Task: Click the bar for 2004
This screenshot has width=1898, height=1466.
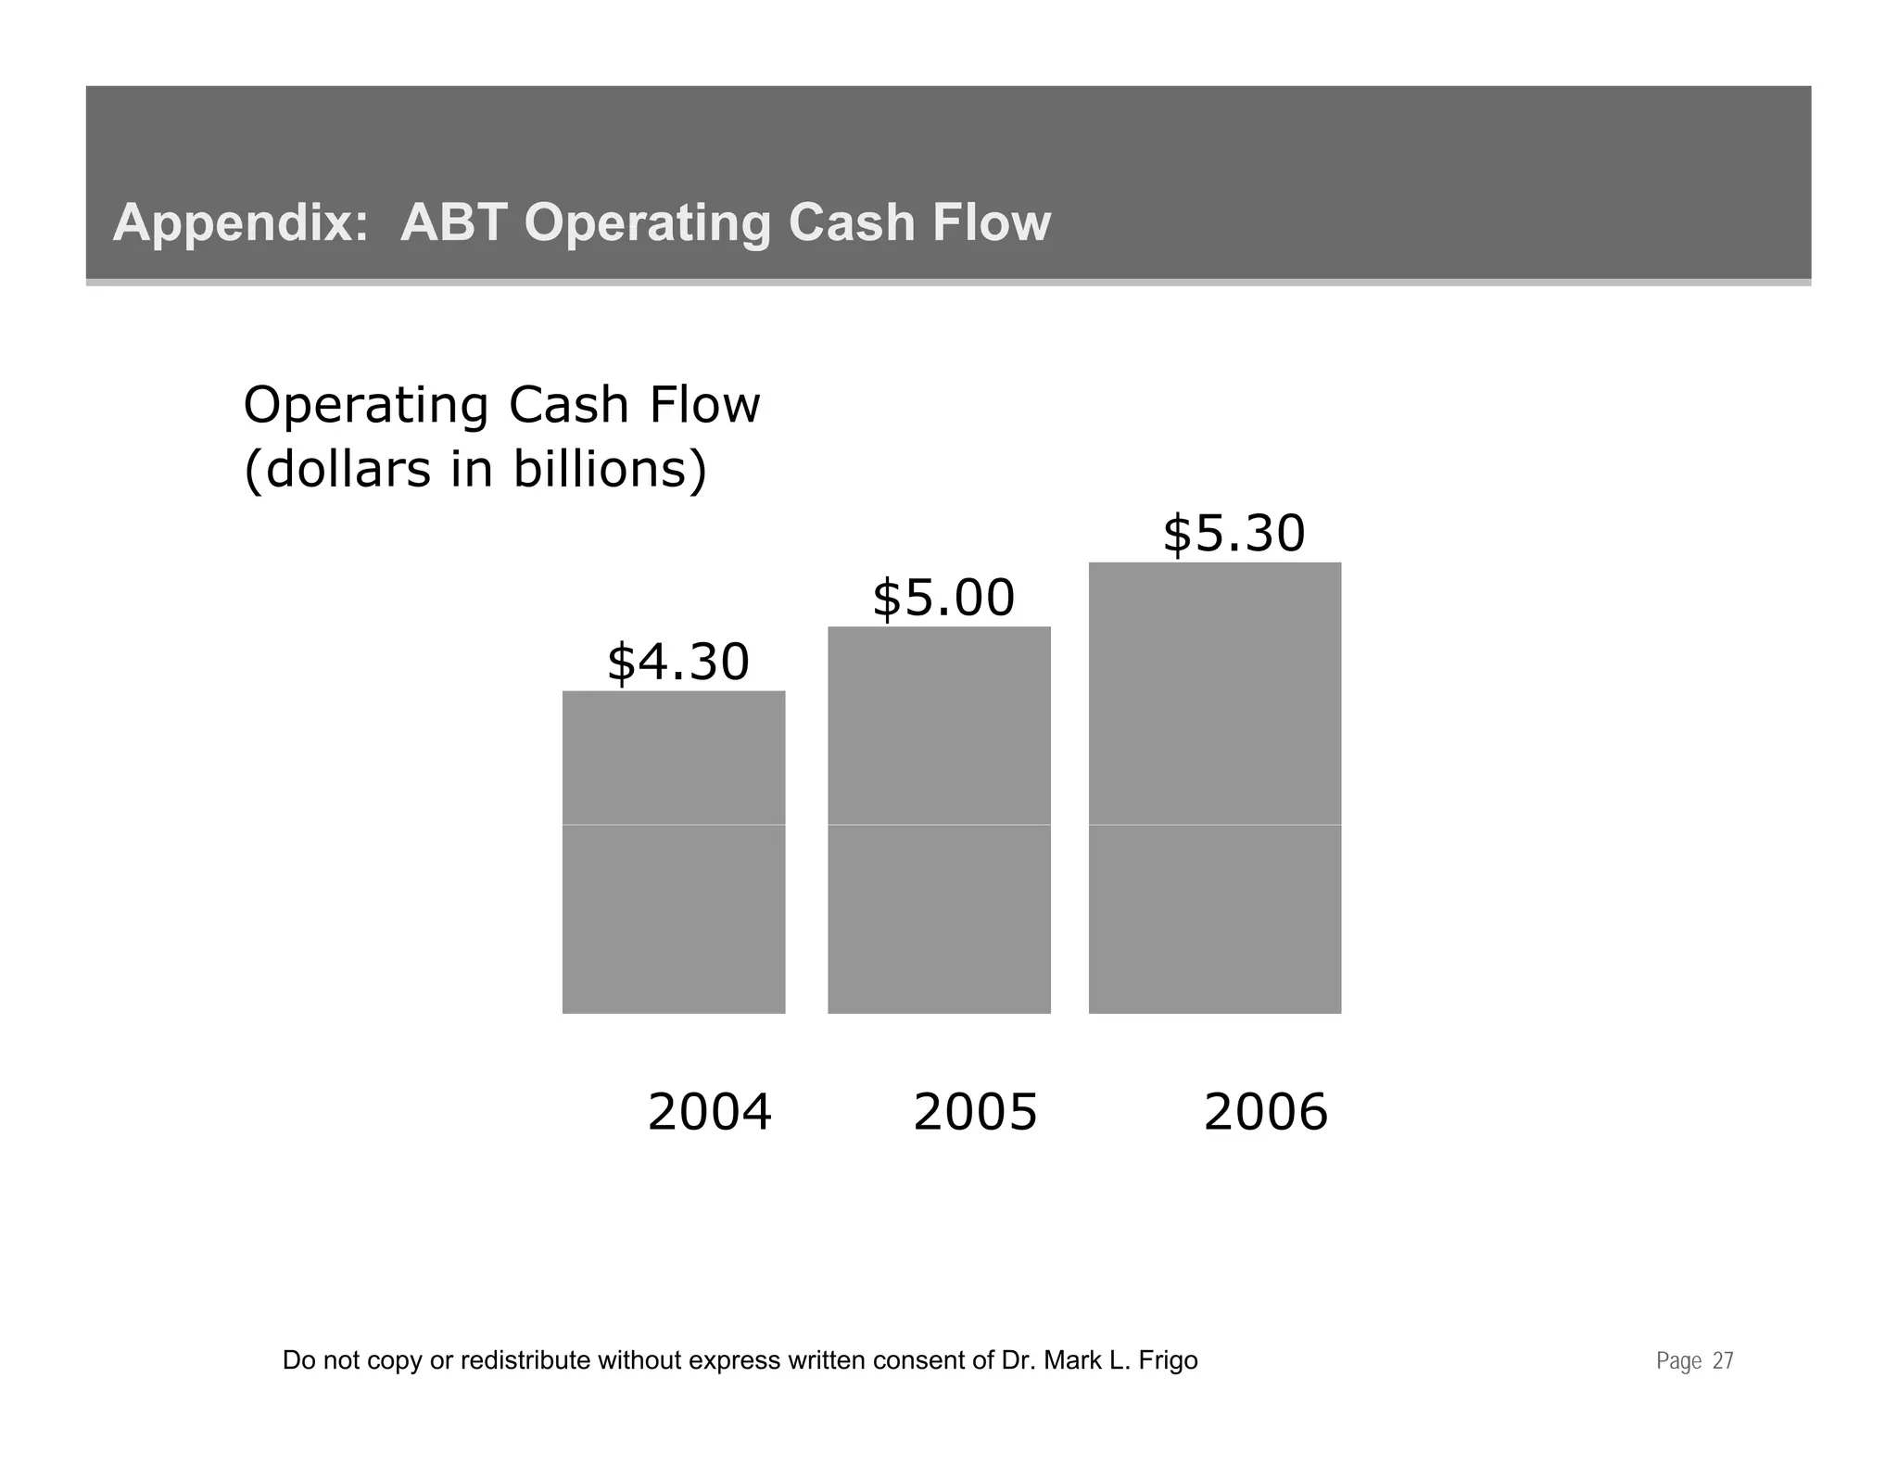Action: (674, 852)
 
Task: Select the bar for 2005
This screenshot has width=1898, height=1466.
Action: (939, 819)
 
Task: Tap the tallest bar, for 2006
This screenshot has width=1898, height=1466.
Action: (1214, 788)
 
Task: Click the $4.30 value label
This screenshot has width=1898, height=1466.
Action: (677, 663)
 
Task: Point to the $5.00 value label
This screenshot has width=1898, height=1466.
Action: (943, 598)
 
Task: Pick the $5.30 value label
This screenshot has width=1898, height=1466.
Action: (1234, 534)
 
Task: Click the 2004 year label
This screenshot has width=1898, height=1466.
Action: (709, 1112)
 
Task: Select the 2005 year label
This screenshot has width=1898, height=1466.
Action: (975, 1112)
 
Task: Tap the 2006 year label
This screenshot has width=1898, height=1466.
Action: (1265, 1112)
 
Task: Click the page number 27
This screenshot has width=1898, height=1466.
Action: (1722, 1360)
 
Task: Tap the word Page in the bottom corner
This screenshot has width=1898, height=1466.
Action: (1678, 1360)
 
